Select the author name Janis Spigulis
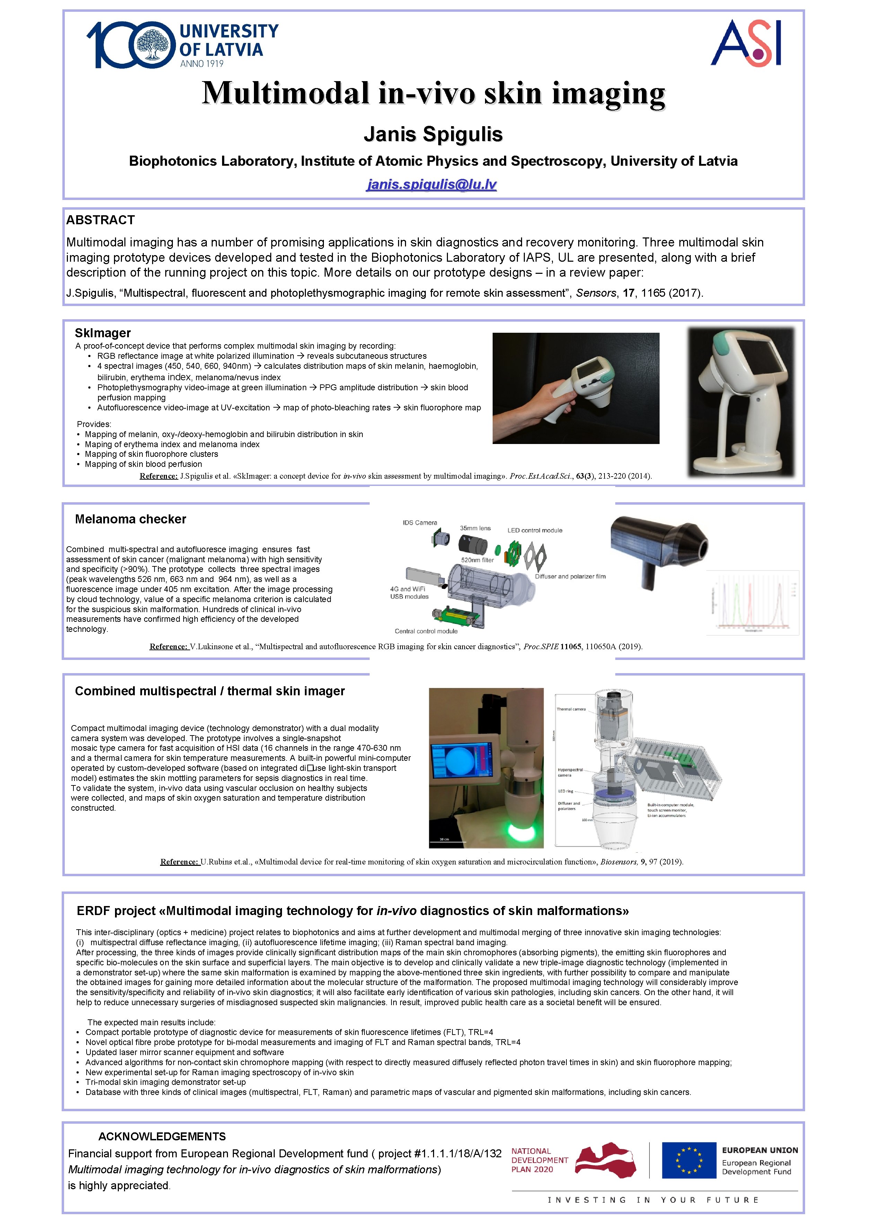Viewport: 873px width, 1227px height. [x=433, y=134]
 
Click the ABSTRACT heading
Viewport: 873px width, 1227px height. [x=100, y=220]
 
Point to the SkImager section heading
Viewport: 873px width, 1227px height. [x=103, y=333]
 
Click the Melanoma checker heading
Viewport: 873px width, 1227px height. [x=131, y=519]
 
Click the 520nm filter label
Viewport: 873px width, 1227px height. [x=477, y=560]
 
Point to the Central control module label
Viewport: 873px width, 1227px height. [x=426, y=631]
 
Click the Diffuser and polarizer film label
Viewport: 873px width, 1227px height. [x=570, y=576]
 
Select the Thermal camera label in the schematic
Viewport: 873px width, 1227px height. [x=571, y=709]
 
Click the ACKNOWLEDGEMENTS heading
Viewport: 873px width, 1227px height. [x=162, y=1136]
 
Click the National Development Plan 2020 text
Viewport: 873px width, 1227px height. [x=539, y=1160]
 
